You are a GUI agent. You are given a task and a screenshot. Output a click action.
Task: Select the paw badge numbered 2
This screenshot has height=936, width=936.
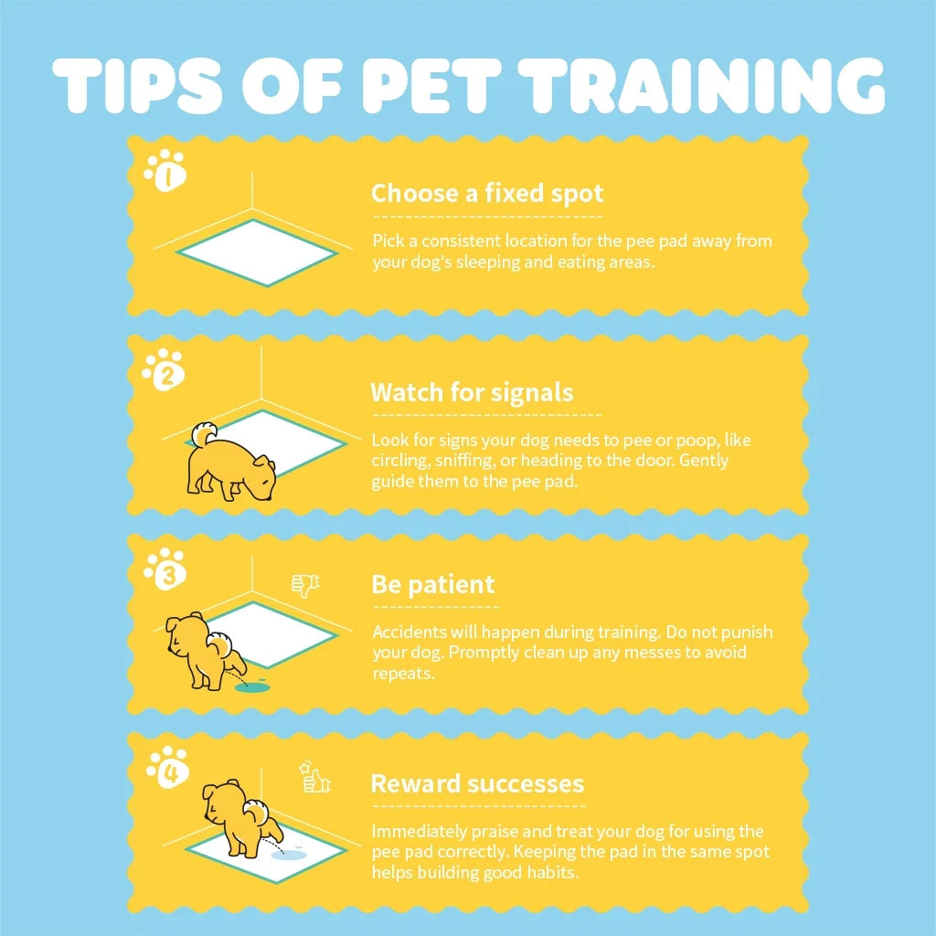pyautogui.click(x=165, y=371)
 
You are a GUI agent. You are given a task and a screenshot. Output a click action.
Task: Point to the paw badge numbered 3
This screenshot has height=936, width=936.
pyautogui.click(x=166, y=569)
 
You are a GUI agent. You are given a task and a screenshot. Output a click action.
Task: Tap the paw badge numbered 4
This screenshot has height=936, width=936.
pyautogui.click(x=168, y=768)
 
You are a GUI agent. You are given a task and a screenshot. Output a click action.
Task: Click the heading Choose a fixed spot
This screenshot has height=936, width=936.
pyautogui.click(x=487, y=194)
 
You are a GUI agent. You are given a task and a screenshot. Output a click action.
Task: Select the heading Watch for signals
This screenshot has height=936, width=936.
pyautogui.click(x=472, y=393)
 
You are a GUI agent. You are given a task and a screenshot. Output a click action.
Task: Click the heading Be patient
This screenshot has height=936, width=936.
pyautogui.click(x=432, y=585)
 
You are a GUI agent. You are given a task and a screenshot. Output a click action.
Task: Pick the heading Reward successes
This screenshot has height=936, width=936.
pyautogui.click(x=477, y=784)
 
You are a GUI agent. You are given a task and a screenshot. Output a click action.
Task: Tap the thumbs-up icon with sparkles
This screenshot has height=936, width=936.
pyautogui.click(x=314, y=779)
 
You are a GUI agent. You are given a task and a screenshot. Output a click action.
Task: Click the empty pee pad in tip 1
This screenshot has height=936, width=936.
pyautogui.click(x=257, y=252)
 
